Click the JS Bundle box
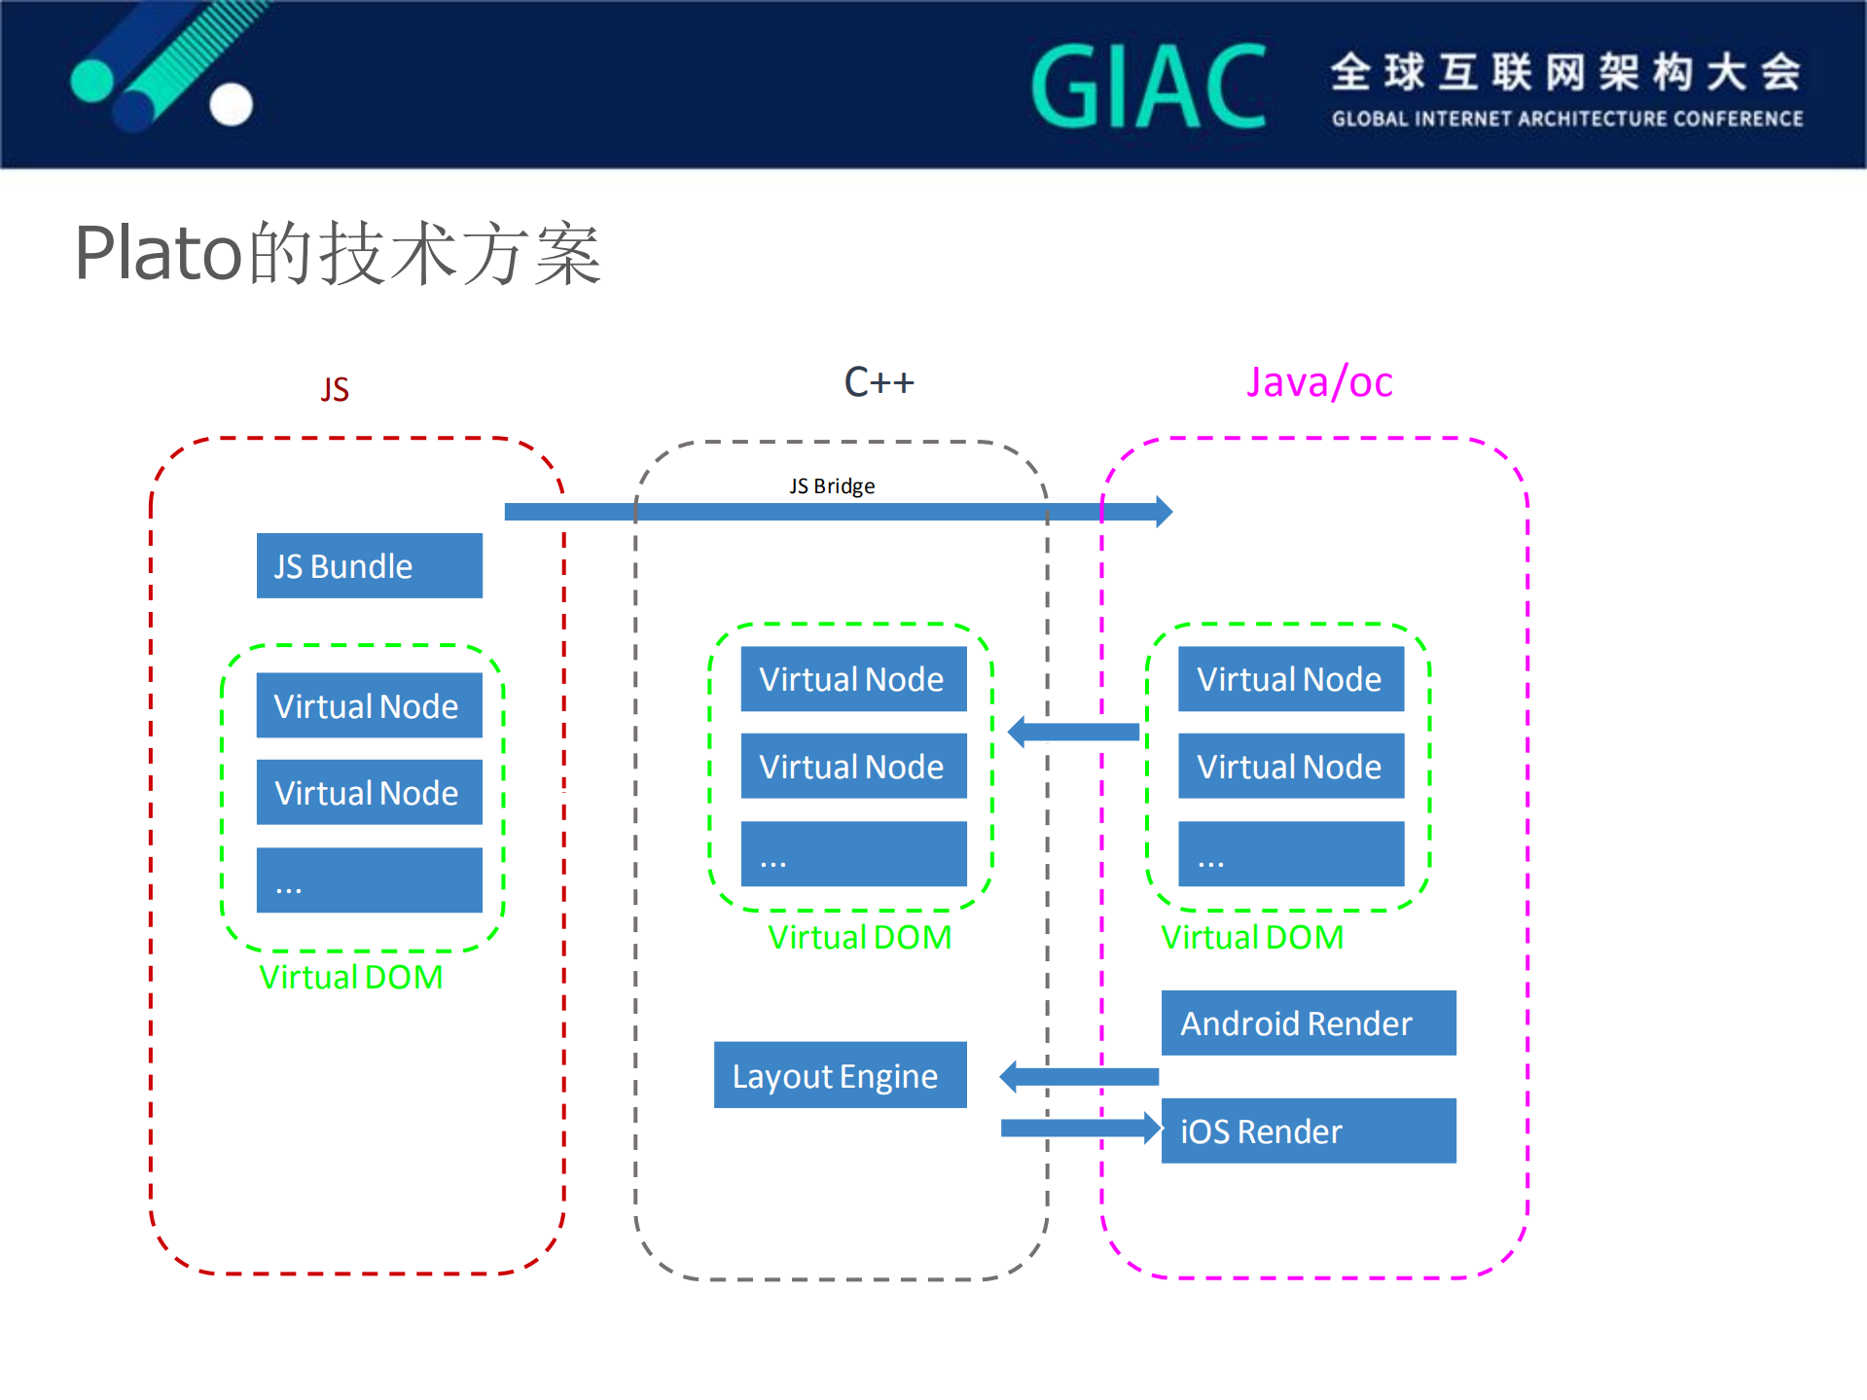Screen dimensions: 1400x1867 coord(369,565)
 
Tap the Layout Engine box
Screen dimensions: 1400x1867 coord(840,1075)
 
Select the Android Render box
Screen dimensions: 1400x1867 coord(1308,1023)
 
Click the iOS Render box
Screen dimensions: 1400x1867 coord(1308,1131)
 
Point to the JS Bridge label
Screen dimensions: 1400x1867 coord(832,485)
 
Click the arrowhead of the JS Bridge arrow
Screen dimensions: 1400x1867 coord(1164,511)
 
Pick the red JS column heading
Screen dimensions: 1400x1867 coord(335,389)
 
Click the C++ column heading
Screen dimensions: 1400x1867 coord(879,382)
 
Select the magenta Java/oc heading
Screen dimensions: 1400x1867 coord(1319,382)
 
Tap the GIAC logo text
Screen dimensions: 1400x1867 coord(1148,88)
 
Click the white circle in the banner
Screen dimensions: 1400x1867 coord(232,104)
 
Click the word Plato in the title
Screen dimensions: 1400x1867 coord(159,253)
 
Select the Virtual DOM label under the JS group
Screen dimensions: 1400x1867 coord(350,977)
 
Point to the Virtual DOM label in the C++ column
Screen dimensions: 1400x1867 coord(859,937)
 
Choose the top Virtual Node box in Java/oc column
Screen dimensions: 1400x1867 coord(1290,679)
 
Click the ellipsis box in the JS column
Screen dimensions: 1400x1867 coord(369,879)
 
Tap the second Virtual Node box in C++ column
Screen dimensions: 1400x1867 coord(853,766)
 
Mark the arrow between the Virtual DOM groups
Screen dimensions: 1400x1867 coord(1074,732)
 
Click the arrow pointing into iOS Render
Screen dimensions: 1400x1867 coord(1080,1128)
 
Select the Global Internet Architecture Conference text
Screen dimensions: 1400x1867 coord(1566,119)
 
